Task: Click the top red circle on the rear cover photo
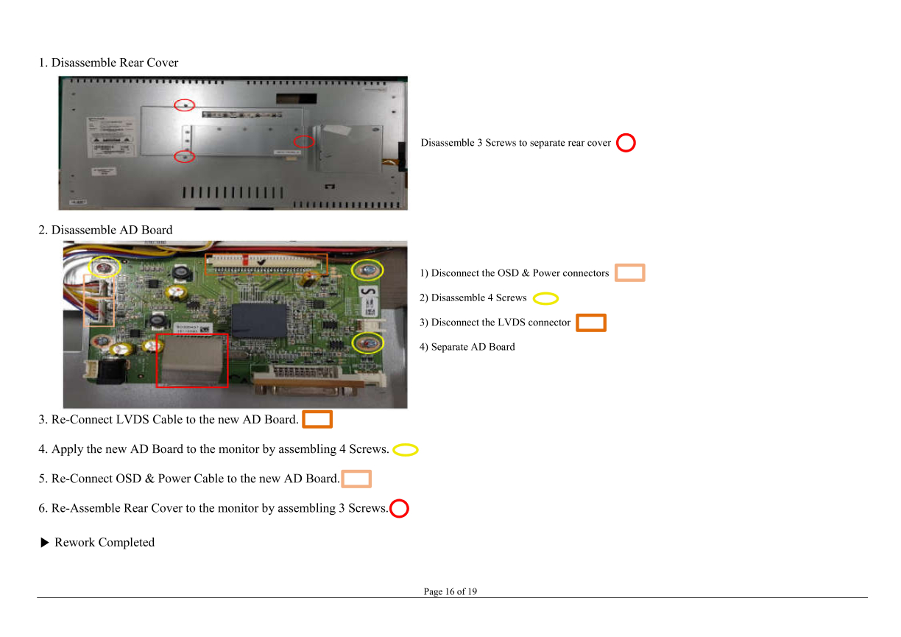coord(184,100)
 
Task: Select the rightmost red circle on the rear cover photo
coord(304,136)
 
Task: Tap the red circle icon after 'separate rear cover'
coord(626,134)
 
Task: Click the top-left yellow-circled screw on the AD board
coord(104,258)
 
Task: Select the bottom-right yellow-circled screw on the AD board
coord(367,333)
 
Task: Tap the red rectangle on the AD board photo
coord(192,334)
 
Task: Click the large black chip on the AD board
coord(259,320)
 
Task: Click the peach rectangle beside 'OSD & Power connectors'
coord(630,265)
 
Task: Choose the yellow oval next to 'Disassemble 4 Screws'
coord(546,293)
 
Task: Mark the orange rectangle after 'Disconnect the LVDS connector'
coord(591,315)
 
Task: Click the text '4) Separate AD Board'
coord(467,347)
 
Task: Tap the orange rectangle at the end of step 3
coord(317,412)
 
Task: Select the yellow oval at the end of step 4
coord(406,445)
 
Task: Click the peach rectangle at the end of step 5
coord(356,471)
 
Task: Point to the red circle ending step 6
coord(400,500)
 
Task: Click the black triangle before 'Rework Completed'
coord(45,543)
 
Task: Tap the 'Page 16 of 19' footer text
coord(450,591)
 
